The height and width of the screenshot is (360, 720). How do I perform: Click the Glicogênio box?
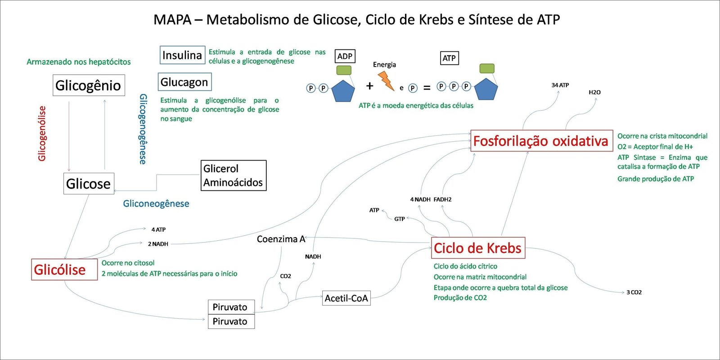click(x=88, y=85)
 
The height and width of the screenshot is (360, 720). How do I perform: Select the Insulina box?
click(x=182, y=55)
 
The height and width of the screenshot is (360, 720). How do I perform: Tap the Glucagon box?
click(x=184, y=82)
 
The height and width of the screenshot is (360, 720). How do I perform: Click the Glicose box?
click(x=89, y=184)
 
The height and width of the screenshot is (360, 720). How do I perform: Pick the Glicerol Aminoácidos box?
click(x=233, y=175)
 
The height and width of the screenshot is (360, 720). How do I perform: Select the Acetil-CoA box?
click(x=346, y=298)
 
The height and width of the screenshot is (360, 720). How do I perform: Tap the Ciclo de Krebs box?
click(x=478, y=248)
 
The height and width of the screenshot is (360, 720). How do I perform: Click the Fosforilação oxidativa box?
click(x=541, y=141)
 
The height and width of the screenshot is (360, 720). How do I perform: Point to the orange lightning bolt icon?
click(x=386, y=81)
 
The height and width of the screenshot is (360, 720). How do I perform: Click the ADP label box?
click(x=345, y=56)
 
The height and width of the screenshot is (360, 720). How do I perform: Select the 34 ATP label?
click(x=560, y=85)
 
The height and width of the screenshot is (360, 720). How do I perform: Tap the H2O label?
click(x=594, y=92)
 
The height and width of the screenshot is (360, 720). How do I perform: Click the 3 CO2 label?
click(x=634, y=292)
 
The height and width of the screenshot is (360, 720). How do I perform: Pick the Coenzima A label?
click(x=281, y=239)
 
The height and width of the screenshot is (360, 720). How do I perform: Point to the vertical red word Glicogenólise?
click(x=42, y=133)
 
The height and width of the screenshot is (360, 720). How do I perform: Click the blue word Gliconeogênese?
click(x=156, y=203)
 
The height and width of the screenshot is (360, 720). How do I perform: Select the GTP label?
click(x=400, y=219)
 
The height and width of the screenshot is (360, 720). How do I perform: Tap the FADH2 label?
click(x=442, y=199)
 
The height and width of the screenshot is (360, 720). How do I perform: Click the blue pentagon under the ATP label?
click(x=486, y=89)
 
